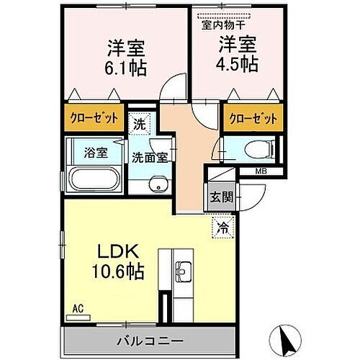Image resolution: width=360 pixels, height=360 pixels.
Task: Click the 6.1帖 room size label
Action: (125, 68)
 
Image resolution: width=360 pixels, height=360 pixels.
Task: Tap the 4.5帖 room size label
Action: (237, 64)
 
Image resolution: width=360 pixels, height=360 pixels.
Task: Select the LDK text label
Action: (118, 251)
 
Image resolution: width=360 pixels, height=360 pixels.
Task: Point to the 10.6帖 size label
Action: (118, 271)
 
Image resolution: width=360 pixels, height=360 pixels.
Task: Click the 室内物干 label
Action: (223, 25)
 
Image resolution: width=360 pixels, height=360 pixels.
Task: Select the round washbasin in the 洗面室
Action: (158, 185)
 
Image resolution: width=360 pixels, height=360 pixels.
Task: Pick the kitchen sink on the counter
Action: (183, 271)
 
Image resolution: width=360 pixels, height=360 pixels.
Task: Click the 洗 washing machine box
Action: (140, 125)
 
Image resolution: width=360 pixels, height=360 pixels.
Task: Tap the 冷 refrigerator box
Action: (223, 228)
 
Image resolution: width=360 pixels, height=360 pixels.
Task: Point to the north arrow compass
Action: (285, 341)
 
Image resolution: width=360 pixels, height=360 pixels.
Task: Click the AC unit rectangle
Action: (78, 318)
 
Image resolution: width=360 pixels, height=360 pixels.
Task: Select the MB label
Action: (261, 171)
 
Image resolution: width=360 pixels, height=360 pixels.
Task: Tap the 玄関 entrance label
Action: (222, 197)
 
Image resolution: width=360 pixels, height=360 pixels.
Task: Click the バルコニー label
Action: (150, 341)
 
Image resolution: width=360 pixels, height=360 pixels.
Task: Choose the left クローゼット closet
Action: (94, 117)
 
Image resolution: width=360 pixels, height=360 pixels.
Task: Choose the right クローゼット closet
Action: (253, 118)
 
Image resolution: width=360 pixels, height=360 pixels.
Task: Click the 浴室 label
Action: (96, 153)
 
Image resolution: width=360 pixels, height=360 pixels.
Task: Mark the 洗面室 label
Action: (150, 158)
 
